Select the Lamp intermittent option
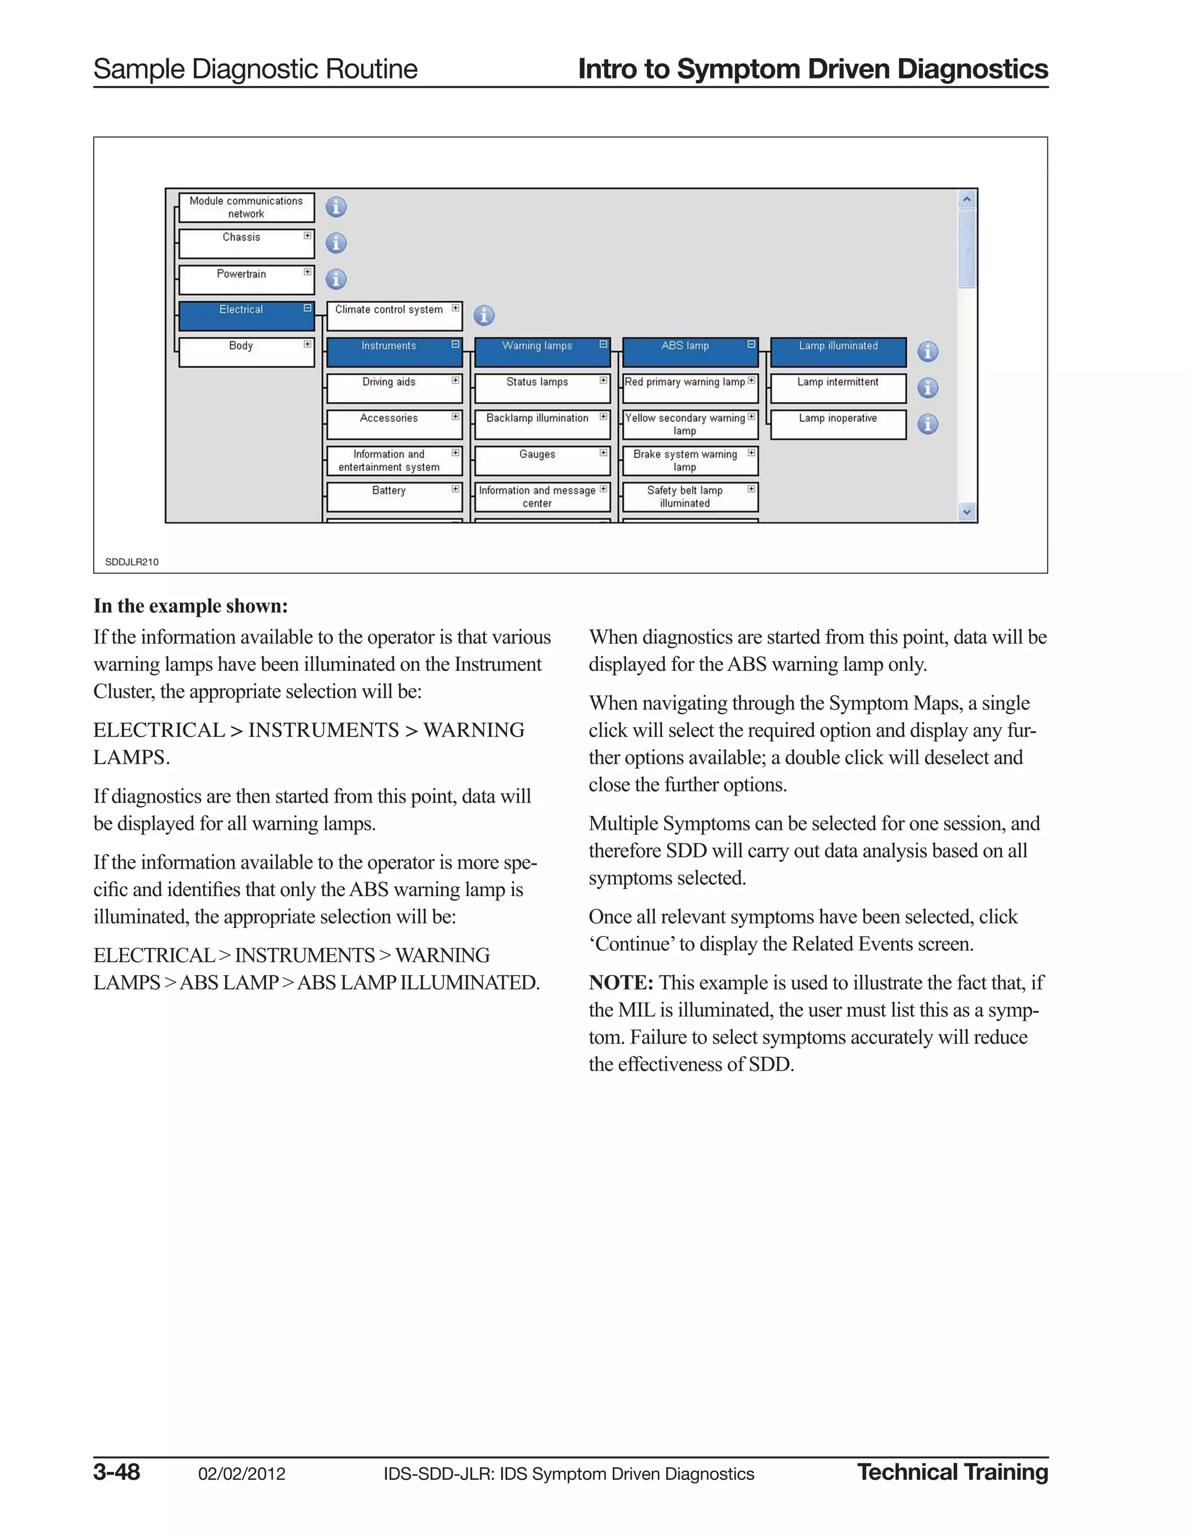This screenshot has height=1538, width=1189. coord(838,388)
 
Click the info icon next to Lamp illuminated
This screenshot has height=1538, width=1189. coord(928,351)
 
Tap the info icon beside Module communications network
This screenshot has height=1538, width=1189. coord(336,207)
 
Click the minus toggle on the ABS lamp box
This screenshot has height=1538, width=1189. coord(751,344)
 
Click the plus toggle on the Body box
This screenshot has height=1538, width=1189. coord(307,344)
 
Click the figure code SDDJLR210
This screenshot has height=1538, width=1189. coord(132,562)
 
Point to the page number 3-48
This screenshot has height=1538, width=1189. coord(117,1472)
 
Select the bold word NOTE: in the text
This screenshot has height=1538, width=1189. coord(621,983)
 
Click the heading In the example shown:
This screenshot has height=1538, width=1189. coord(190,606)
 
